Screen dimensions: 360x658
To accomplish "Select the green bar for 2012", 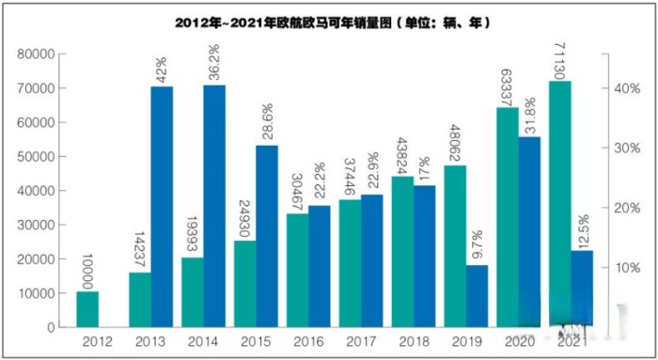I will click(87, 309).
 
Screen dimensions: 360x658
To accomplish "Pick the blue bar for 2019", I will click(478, 296).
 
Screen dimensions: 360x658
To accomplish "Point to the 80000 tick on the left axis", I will click(35, 55).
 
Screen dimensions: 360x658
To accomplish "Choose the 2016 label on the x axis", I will click(309, 343).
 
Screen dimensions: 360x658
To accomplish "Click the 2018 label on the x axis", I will click(415, 343).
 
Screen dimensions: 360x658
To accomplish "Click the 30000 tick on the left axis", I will click(35, 225).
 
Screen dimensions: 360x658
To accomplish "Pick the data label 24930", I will click(245, 213).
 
